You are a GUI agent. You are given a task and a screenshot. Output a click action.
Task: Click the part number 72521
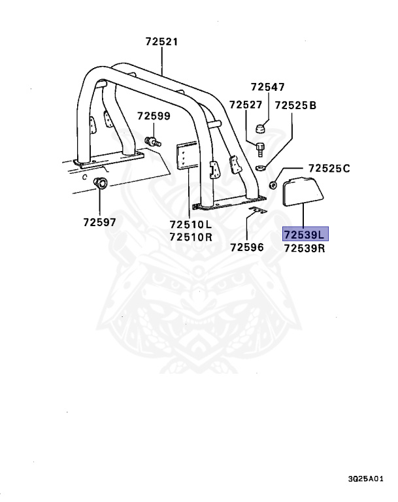161,42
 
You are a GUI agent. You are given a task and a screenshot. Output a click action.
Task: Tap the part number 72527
246,105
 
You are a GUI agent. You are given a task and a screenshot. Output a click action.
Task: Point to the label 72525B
295,105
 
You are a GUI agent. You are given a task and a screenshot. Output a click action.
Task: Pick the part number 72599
154,116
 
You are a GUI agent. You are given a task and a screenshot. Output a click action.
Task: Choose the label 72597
99,222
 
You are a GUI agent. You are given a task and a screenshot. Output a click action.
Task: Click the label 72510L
191,224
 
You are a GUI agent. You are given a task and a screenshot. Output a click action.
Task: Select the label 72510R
191,237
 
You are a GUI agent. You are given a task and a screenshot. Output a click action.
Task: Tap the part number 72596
246,247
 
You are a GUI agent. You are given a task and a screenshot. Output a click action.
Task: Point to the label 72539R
305,248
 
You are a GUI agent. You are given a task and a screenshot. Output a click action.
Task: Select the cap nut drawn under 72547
259,126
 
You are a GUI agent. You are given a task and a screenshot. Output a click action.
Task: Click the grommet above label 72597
101,182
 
